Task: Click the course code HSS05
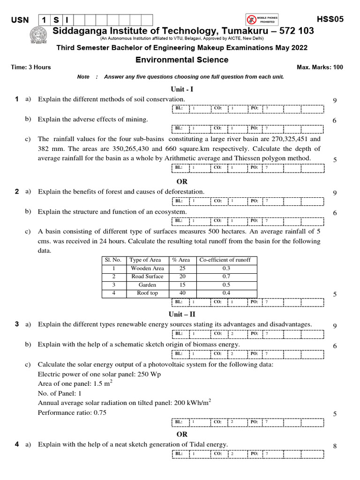point(330,20)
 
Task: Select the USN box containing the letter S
point(55,20)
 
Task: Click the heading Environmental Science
point(182,60)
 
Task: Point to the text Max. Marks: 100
point(320,67)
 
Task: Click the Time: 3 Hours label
point(31,67)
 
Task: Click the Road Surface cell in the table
point(147,277)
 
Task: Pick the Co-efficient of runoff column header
point(225,260)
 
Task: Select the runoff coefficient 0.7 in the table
point(226,277)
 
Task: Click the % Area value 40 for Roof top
point(182,293)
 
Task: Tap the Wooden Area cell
point(147,269)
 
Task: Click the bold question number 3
point(16,324)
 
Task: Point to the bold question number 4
point(16,444)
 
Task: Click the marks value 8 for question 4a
point(335,446)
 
